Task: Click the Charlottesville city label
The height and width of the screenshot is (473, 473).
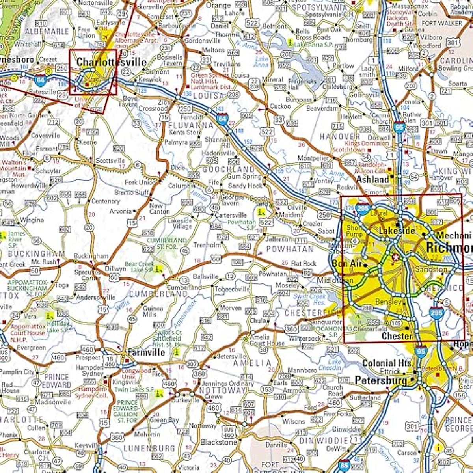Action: point(111,62)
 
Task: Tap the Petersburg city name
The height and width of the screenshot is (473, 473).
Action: point(380,380)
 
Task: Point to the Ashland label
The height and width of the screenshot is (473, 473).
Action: point(372,180)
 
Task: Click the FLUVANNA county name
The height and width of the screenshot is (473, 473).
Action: point(191,125)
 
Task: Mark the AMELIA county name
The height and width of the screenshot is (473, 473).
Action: point(252,363)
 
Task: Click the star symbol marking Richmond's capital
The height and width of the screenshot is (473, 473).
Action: point(395,257)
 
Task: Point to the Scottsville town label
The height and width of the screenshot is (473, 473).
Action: point(110,161)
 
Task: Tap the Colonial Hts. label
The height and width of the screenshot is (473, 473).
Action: point(388,363)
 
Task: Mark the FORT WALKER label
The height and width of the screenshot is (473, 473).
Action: point(441,23)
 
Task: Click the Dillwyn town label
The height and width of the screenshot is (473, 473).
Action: point(115,268)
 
